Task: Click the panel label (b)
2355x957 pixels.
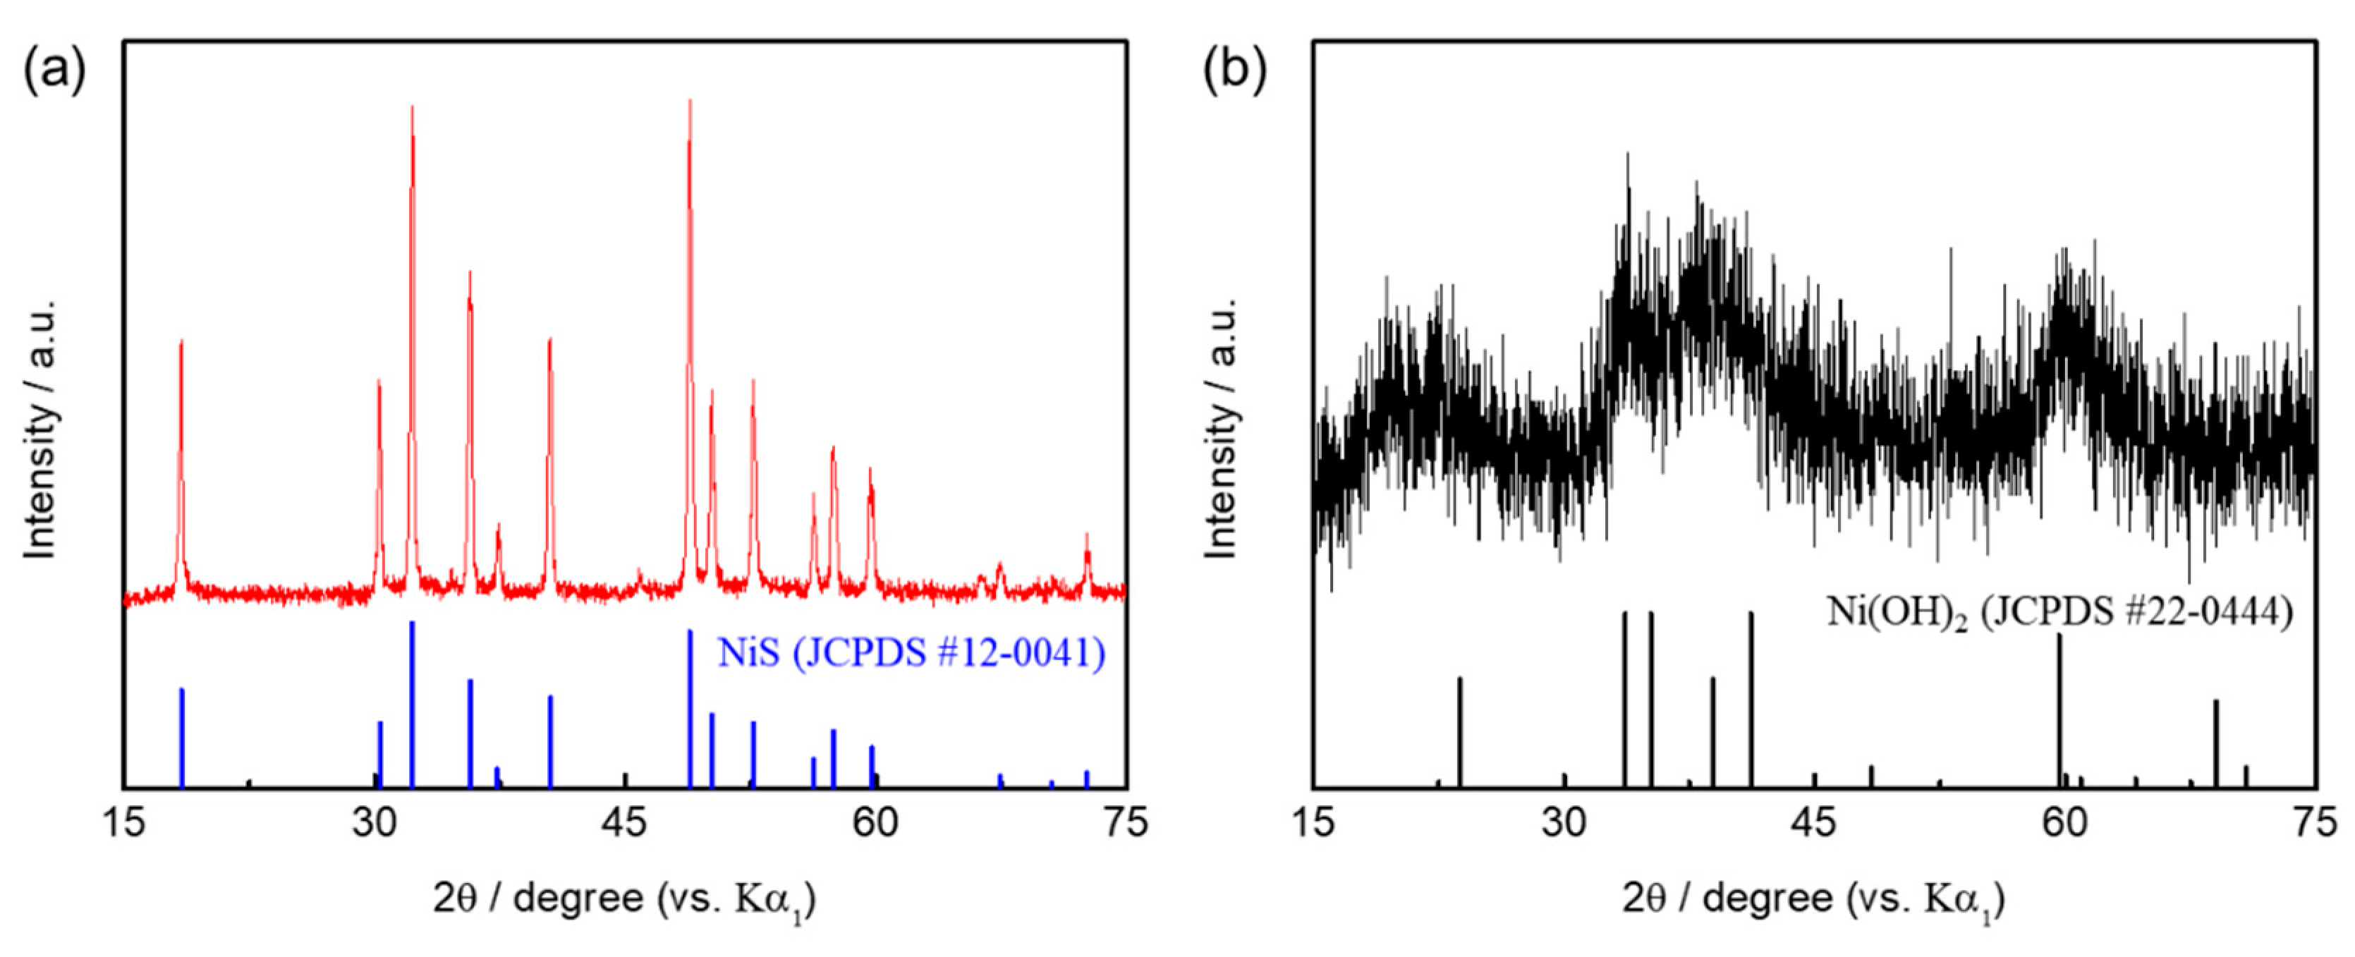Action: [1234, 71]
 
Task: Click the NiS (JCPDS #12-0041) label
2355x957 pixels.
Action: [911, 652]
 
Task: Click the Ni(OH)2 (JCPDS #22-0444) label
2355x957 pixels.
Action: [2059, 611]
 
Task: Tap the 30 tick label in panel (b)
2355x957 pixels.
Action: [1564, 822]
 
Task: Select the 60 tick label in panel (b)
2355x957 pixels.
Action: [2064, 822]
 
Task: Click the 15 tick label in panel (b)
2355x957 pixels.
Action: [1314, 822]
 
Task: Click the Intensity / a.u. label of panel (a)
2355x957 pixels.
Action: [40, 429]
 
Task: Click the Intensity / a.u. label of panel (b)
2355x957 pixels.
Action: [1222, 429]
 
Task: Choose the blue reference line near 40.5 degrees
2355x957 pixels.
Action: [550, 740]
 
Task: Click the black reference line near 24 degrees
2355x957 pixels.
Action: [1460, 731]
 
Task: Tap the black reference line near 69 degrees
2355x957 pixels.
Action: [2216, 742]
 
